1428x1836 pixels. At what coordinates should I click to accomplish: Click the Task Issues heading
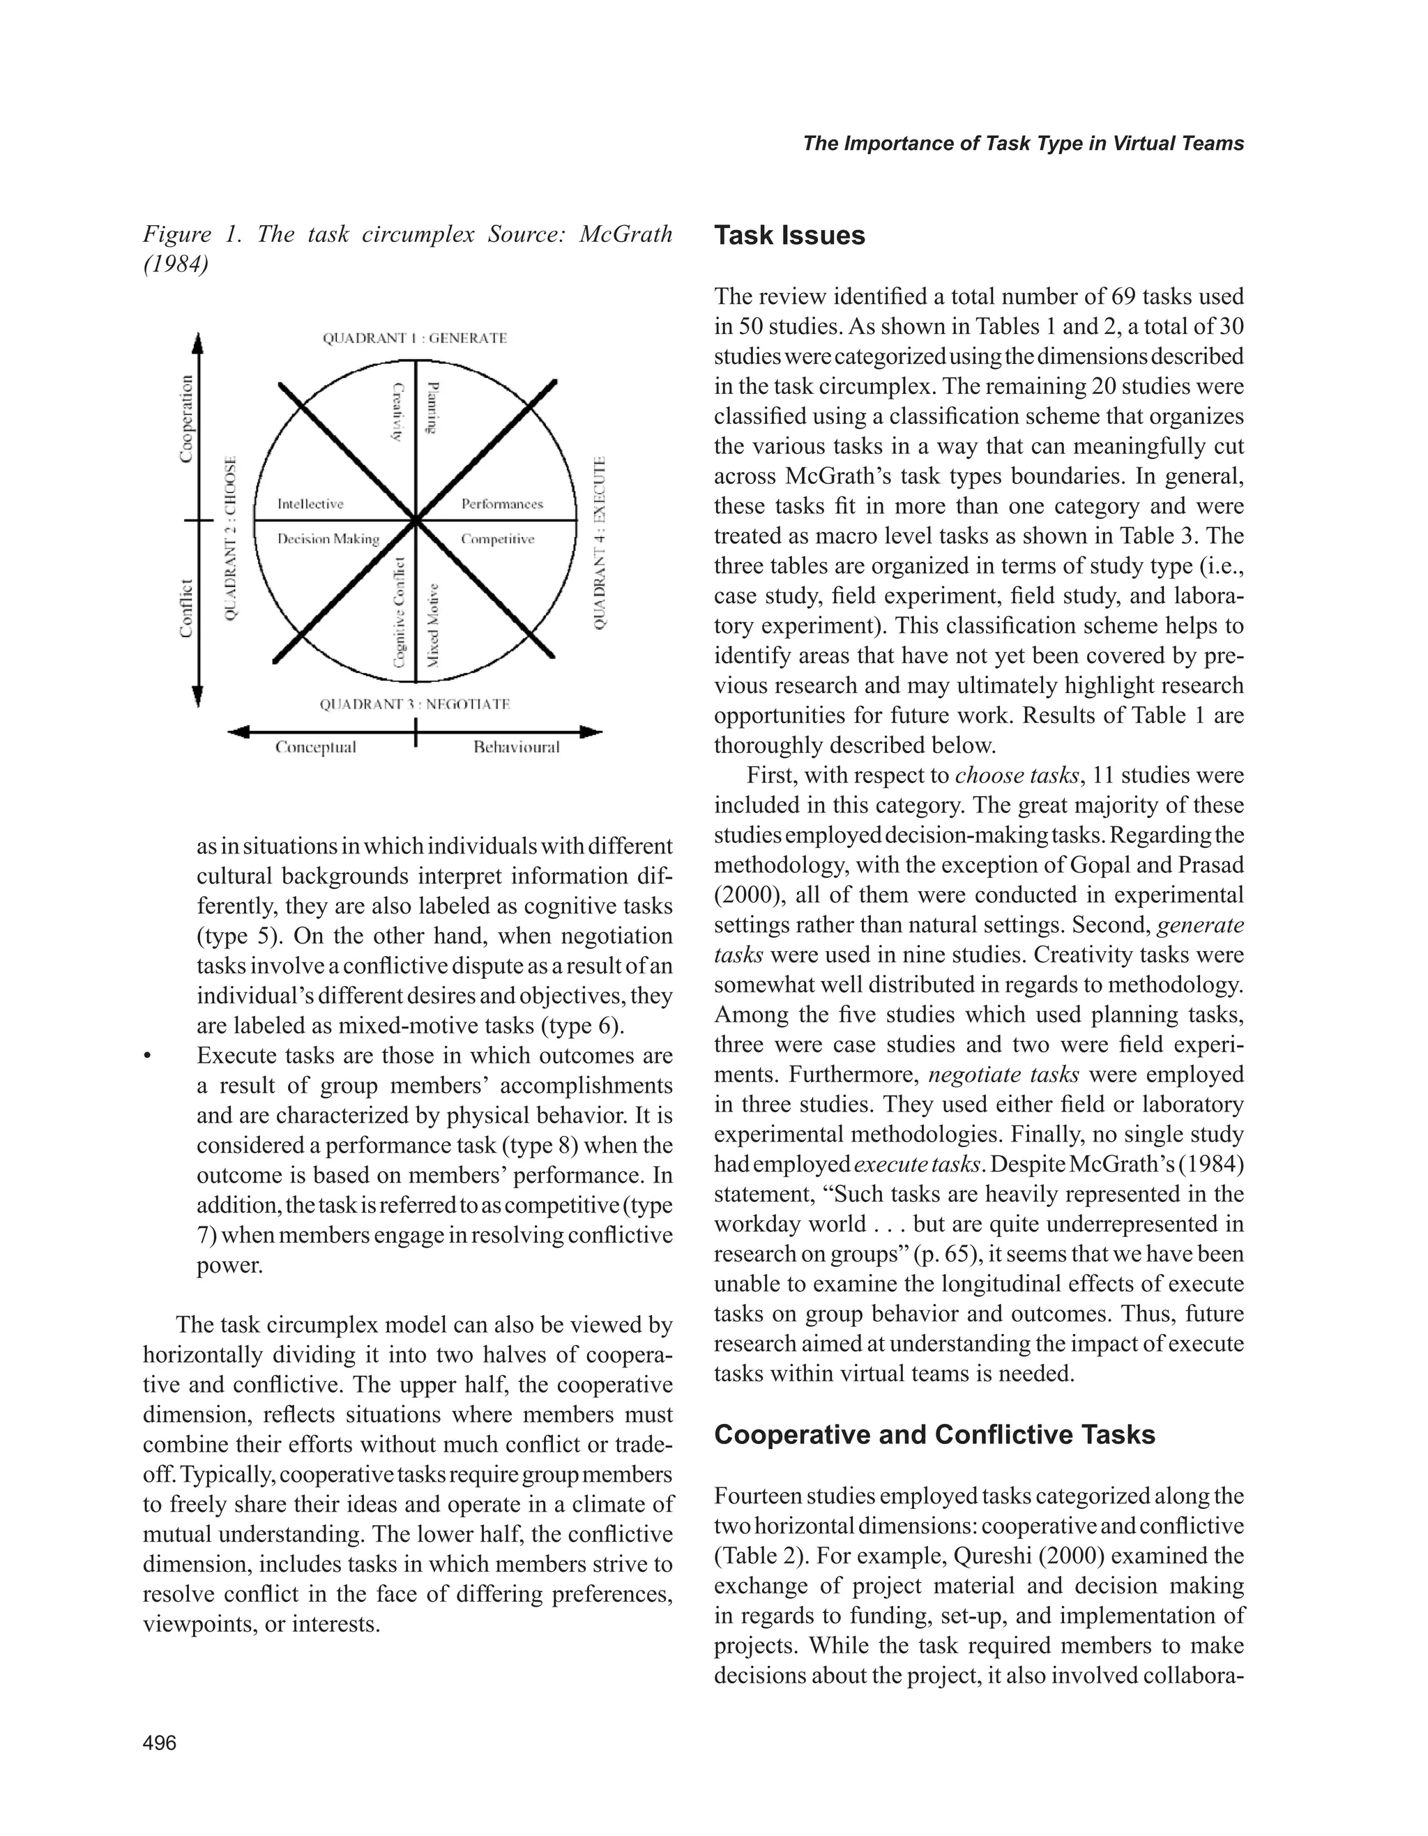point(789,236)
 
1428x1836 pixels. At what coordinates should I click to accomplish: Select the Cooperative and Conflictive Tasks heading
point(934,1434)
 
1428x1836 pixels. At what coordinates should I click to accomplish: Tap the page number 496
point(160,1743)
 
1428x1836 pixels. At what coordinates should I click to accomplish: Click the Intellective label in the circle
point(310,504)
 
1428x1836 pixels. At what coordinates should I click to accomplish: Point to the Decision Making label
point(328,539)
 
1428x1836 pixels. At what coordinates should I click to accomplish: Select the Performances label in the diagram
point(502,504)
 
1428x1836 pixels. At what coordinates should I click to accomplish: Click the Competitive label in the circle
point(498,539)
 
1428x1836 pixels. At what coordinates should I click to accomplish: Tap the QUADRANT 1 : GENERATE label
point(414,338)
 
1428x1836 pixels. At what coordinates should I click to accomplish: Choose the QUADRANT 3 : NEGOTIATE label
point(414,704)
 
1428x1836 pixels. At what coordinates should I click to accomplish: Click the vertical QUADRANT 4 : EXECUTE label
point(599,543)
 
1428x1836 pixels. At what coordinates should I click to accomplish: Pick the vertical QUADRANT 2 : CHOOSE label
point(231,539)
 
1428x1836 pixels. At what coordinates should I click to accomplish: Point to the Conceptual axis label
point(316,748)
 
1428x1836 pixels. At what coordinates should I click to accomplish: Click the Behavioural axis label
point(516,748)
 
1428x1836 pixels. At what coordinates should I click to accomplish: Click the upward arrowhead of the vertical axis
point(197,344)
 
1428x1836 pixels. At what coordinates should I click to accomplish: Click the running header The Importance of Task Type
point(1023,144)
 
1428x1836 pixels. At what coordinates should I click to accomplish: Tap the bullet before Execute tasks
point(147,1056)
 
